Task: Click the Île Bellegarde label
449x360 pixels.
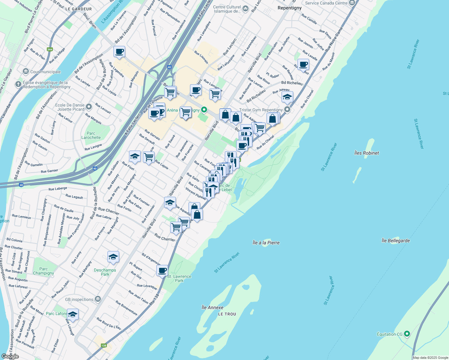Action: tap(395, 241)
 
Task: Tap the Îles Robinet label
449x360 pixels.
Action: tap(366, 153)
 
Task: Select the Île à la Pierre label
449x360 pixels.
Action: tap(266, 243)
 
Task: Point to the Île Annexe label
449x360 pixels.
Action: tap(212, 307)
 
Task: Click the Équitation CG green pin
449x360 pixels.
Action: tap(407, 334)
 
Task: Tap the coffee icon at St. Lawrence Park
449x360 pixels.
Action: tap(162, 270)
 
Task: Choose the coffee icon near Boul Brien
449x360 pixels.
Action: tap(119, 51)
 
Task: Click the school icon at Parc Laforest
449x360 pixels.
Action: tap(73, 314)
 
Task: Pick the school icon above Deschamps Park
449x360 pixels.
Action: tap(113, 257)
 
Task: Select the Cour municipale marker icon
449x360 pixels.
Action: tap(26, 71)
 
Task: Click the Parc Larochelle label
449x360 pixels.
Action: tap(91, 136)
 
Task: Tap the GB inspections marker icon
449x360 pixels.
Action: tap(98, 299)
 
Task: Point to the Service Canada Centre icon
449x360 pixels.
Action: tap(352, 3)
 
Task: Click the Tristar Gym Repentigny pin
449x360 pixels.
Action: tap(287, 109)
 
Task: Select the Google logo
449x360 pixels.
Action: tap(10, 356)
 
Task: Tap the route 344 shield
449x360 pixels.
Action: tap(50, 49)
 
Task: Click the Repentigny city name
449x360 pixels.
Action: tap(289, 8)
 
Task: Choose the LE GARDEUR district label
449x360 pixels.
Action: tap(78, 9)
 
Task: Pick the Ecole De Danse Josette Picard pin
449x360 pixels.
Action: tap(89, 107)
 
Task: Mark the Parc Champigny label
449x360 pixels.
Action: tap(44, 271)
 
